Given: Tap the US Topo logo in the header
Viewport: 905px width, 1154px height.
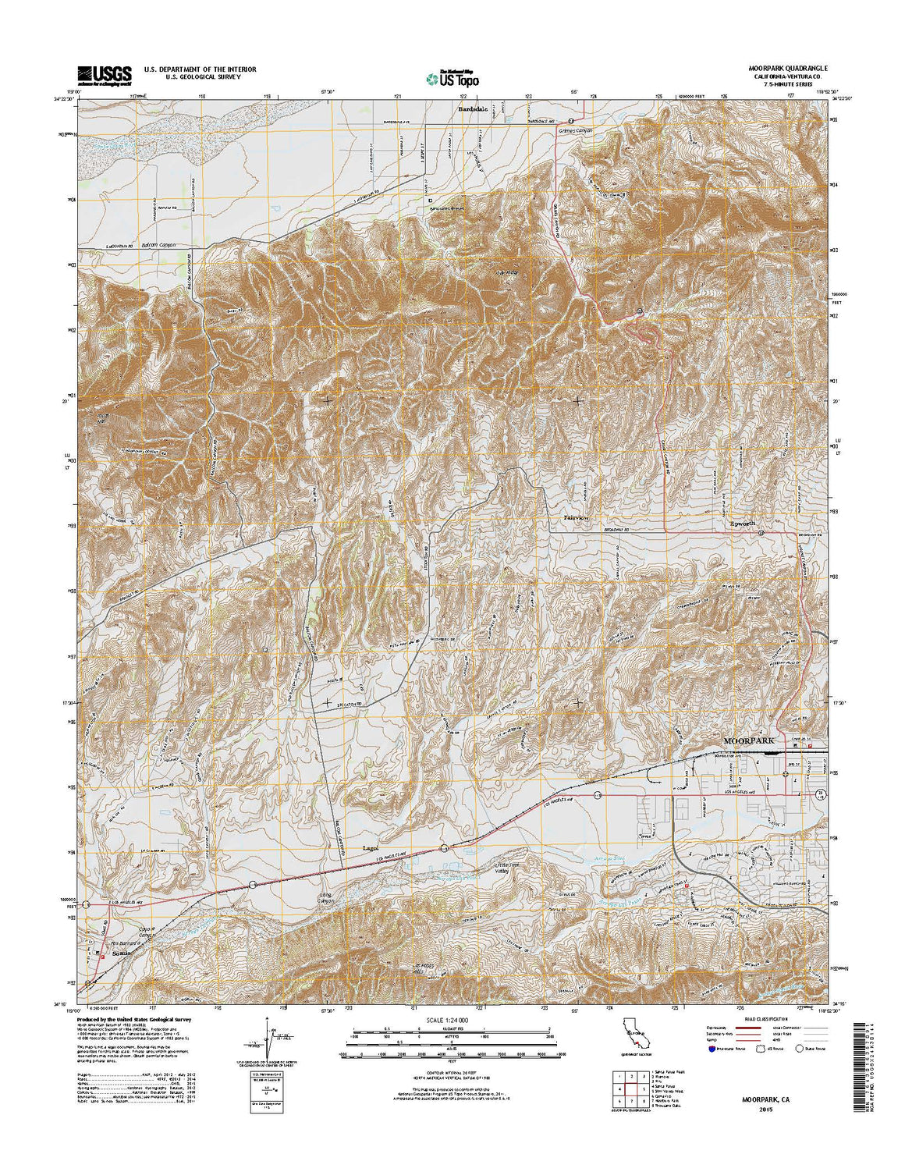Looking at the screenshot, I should coord(452,78).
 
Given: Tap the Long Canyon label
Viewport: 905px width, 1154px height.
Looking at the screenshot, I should coord(325,897).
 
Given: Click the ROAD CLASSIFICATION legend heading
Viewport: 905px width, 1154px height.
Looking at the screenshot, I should coord(761,1020).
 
